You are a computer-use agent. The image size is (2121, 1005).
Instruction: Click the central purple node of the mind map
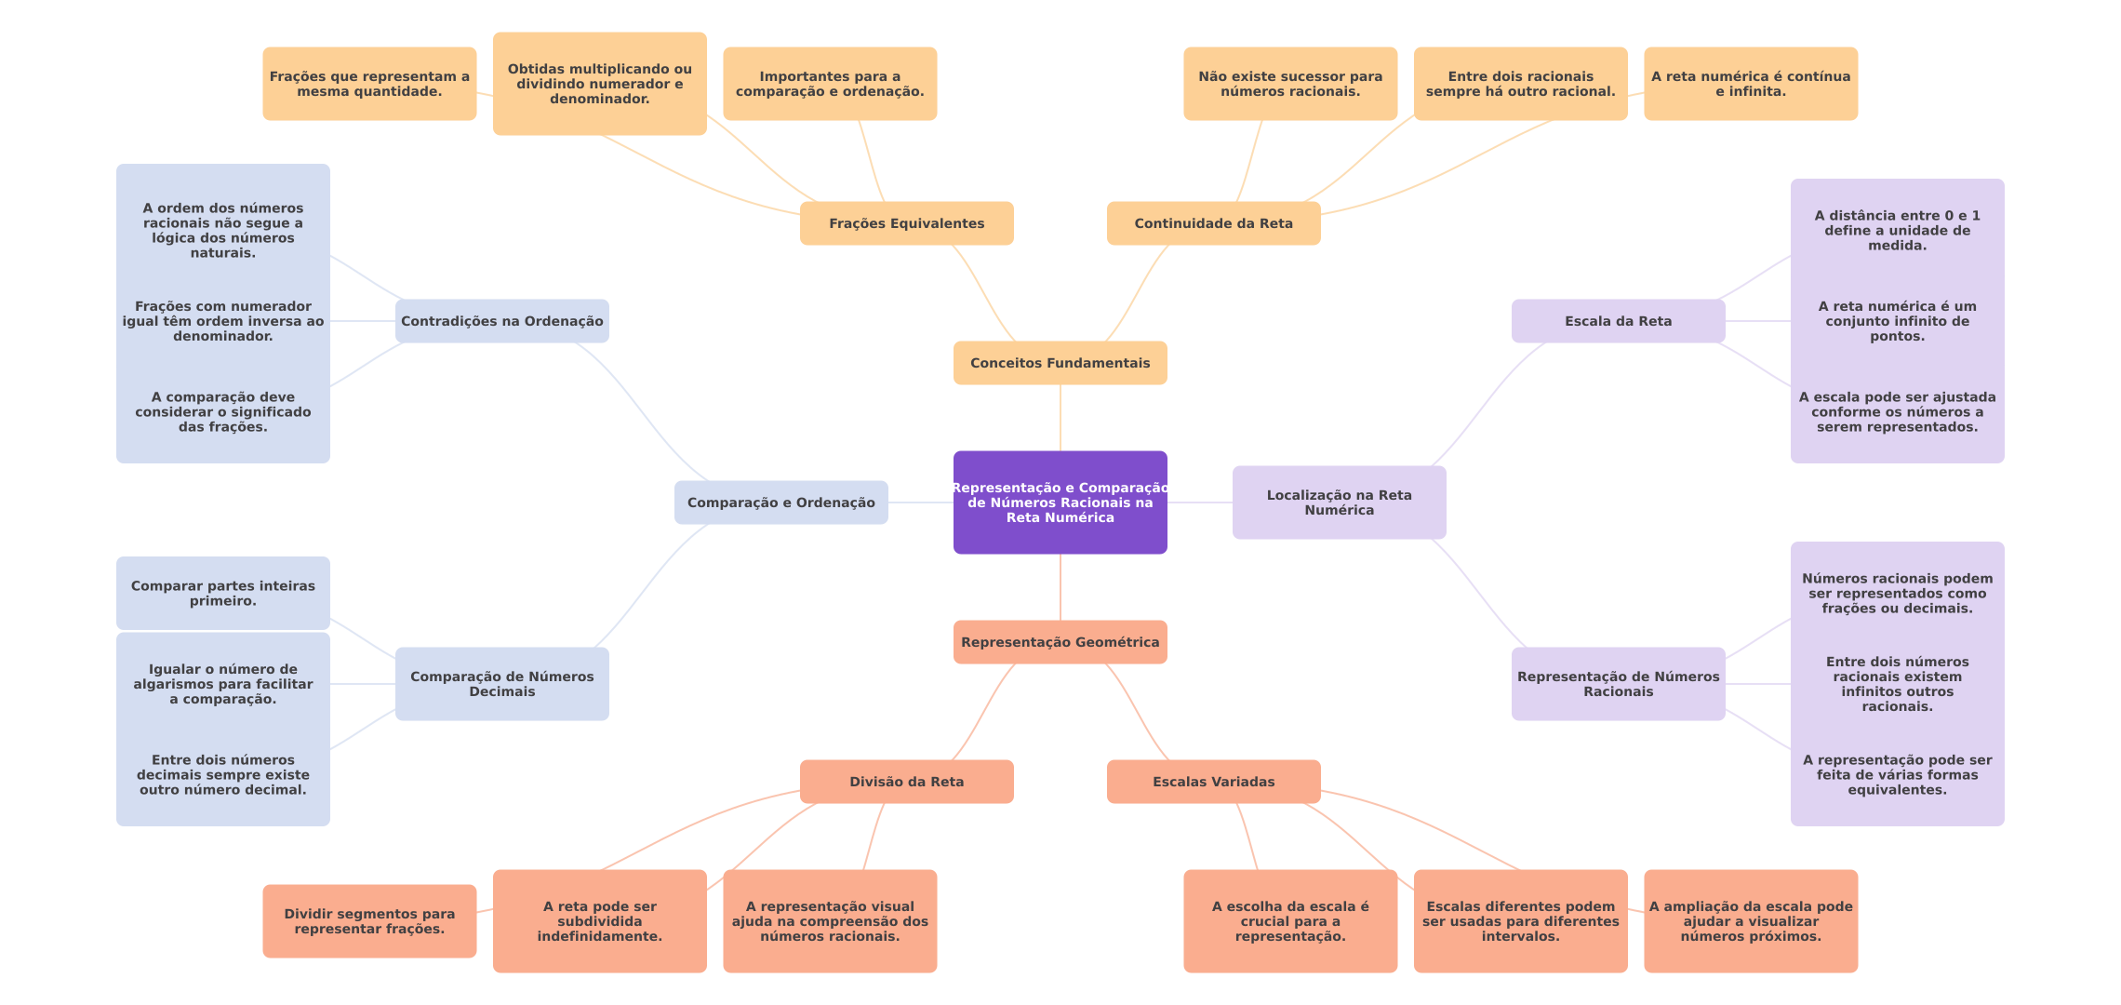pyautogui.click(x=1060, y=502)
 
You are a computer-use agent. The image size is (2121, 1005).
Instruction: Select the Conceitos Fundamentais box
pyautogui.click(x=1060, y=363)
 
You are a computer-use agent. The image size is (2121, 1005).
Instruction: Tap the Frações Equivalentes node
pyautogui.click(x=906, y=223)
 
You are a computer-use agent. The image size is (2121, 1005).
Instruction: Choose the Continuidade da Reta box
pyautogui.click(x=1213, y=223)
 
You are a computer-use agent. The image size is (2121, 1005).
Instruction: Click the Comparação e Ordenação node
pyautogui.click(x=780, y=502)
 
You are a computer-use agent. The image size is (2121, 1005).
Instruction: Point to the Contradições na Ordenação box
pyautogui.click(x=501, y=321)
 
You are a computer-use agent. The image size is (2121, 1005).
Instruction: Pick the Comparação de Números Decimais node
pyautogui.click(x=501, y=684)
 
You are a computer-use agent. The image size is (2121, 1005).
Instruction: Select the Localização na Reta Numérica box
pyautogui.click(x=1339, y=502)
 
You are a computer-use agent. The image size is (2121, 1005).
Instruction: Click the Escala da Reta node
pyautogui.click(x=1618, y=321)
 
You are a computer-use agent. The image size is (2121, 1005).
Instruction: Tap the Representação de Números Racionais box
pyautogui.click(x=1618, y=684)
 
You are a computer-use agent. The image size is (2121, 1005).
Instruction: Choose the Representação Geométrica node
pyautogui.click(x=1060, y=642)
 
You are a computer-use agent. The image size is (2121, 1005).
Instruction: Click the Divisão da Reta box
pyautogui.click(x=906, y=782)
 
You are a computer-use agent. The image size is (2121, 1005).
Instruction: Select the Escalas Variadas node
pyautogui.click(x=1213, y=782)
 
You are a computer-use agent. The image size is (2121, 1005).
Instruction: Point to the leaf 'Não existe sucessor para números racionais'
pyautogui.click(x=1290, y=84)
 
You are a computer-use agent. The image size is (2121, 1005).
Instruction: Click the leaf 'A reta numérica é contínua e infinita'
pyautogui.click(x=1750, y=84)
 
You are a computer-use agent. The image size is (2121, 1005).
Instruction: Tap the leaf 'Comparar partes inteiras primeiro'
pyautogui.click(x=222, y=593)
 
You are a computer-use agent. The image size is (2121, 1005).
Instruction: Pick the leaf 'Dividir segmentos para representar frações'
pyautogui.click(x=369, y=921)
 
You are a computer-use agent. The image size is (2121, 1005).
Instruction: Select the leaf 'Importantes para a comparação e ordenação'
pyautogui.click(x=830, y=84)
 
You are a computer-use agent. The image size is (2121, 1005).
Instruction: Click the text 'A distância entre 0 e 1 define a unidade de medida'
pyautogui.click(x=1897, y=230)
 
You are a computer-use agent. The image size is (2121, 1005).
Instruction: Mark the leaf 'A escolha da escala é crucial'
pyautogui.click(x=1290, y=921)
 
